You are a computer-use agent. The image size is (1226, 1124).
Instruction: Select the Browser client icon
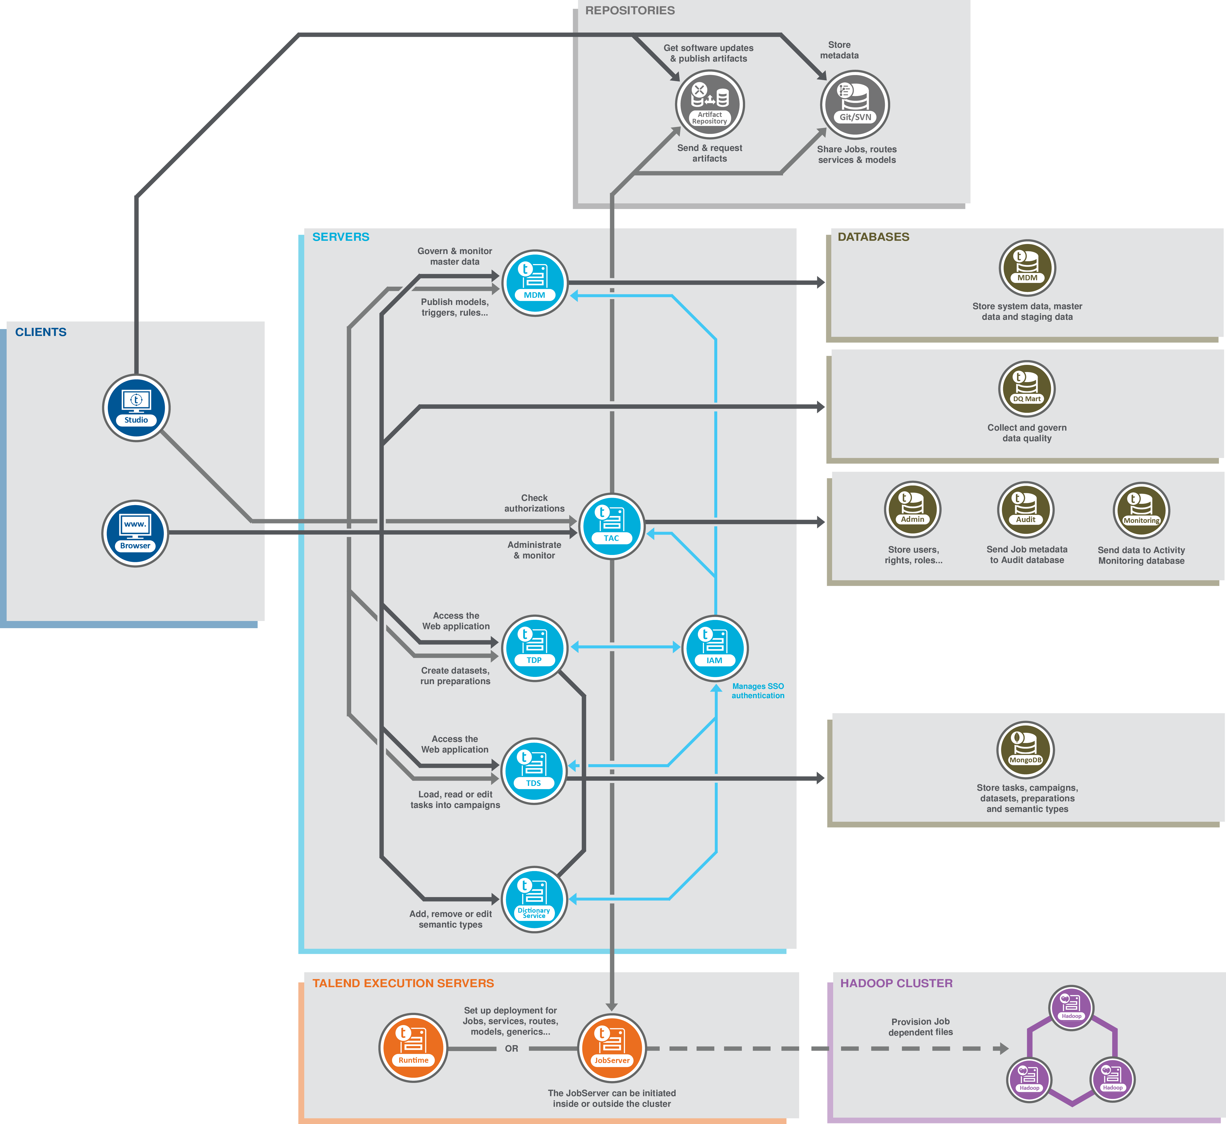pyautogui.click(x=135, y=533)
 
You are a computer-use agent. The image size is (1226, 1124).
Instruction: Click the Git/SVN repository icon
pyautogui.click(x=855, y=104)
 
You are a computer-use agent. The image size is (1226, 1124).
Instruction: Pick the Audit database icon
pyautogui.click(x=1026, y=510)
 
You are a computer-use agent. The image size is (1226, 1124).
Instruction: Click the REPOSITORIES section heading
pyautogui.click(x=630, y=10)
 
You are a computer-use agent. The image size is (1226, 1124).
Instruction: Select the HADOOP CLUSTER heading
pyautogui.click(x=896, y=983)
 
